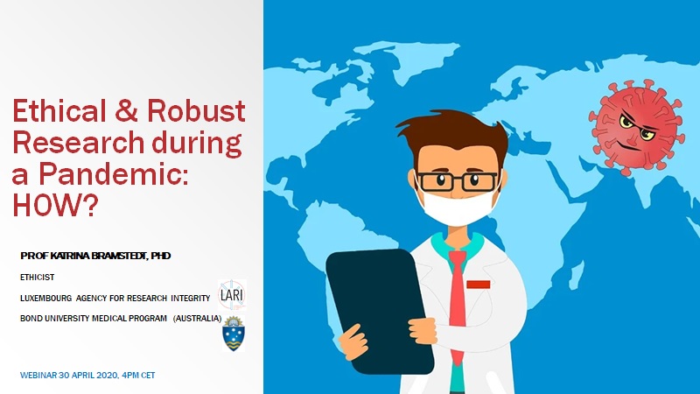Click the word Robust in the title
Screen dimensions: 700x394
point(196,111)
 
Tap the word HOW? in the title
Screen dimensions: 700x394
point(55,205)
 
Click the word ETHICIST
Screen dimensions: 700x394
point(37,278)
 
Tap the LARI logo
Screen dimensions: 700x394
point(232,295)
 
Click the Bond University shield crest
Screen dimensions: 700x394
point(234,334)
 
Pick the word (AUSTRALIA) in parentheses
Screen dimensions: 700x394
point(198,319)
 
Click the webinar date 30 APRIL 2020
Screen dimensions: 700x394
point(89,376)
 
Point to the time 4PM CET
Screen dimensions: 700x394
point(138,376)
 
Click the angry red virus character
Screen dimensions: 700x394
point(636,127)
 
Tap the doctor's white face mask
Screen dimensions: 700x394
point(457,205)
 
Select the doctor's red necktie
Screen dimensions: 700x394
point(457,304)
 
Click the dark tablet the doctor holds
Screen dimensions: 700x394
point(380,312)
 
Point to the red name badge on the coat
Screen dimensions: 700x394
point(479,285)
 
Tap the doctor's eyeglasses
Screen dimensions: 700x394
point(457,181)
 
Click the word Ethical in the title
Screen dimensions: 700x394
point(59,111)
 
